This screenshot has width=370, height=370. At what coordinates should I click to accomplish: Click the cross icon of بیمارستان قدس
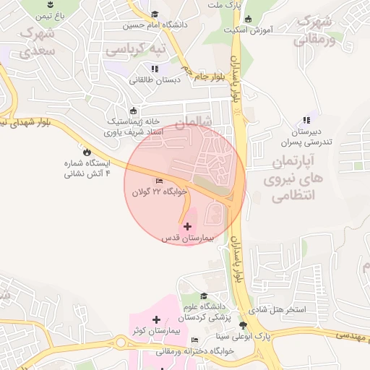(x=189, y=226)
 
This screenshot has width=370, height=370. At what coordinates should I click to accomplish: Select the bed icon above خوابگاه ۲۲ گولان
(x=159, y=181)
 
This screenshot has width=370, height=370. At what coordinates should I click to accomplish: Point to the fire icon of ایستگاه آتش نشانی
(x=87, y=152)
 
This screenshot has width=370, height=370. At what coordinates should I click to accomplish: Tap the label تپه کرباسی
(x=135, y=49)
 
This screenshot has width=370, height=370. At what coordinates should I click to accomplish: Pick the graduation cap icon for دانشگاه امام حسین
(x=155, y=14)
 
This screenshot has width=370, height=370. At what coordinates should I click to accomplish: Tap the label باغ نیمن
(x=51, y=14)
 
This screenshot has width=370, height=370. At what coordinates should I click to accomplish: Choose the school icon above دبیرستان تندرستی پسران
(x=306, y=120)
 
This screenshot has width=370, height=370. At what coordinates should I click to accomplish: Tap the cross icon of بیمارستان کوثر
(x=156, y=319)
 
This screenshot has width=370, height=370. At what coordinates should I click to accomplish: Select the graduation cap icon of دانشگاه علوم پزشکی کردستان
(x=204, y=296)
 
